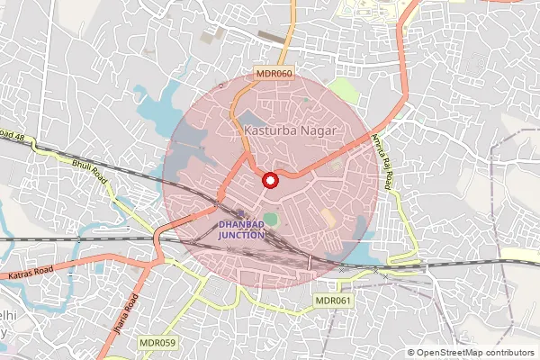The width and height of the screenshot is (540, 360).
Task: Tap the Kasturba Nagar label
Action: point(290,131)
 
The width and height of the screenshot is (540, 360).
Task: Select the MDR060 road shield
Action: point(274,74)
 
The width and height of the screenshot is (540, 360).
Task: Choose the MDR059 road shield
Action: point(157,343)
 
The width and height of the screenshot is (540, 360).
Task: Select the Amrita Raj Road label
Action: point(382,160)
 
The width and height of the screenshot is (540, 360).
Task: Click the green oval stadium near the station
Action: point(271,219)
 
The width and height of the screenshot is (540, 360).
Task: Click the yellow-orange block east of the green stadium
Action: point(328,218)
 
